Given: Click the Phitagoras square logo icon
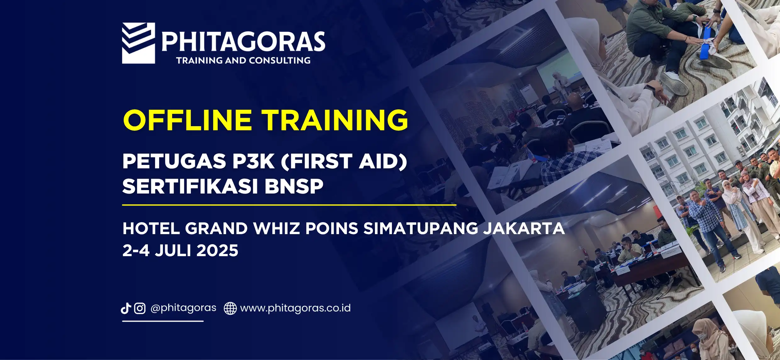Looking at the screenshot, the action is [x=138, y=43].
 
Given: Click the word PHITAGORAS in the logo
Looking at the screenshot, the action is [x=243, y=41].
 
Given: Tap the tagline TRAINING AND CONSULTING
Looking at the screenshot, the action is [x=243, y=60].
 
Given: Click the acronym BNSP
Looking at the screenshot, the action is [x=294, y=186].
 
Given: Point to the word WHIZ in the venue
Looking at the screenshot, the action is [x=276, y=228].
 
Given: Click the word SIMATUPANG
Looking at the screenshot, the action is [x=421, y=228].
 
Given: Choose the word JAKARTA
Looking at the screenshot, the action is [x=524, y=228].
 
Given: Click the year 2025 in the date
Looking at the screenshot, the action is [x=217, y=251].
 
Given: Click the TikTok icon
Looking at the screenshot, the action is [x=126, y=308].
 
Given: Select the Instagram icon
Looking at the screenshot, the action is [x=140, y=308].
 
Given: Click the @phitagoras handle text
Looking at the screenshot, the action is [x=183, y=308].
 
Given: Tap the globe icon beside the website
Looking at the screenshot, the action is [x=230, y=308].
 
